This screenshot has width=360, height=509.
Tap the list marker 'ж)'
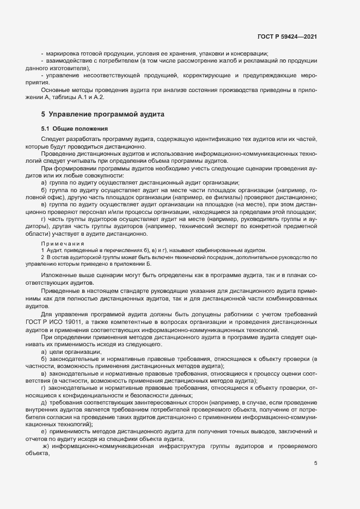point(46,446)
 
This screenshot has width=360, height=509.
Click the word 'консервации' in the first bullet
point(248,53)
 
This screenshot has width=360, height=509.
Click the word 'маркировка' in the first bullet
point(63,53)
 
